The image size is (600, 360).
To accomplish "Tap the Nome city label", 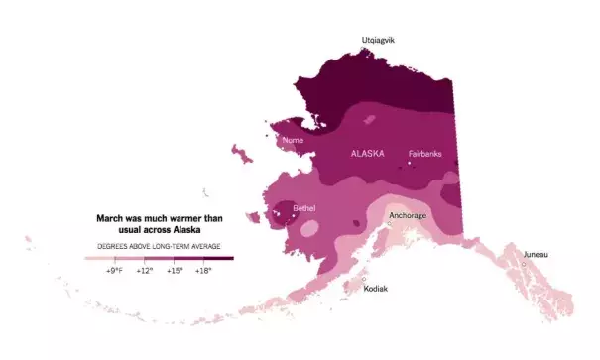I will (293, 140).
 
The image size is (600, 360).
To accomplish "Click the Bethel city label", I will (303, 207).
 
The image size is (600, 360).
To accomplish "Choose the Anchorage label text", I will (408, 215).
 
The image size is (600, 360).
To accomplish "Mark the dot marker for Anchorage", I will (390, 224).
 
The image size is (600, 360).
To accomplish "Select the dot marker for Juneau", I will (524, 264).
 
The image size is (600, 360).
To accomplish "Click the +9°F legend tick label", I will (115, 270).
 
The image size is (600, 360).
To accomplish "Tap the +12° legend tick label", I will (145, 270).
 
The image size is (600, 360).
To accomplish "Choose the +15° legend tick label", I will (175, 270).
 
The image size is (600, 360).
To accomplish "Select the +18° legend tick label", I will (203, 270).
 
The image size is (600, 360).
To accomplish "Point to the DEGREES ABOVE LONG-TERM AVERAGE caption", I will (159, 245).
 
